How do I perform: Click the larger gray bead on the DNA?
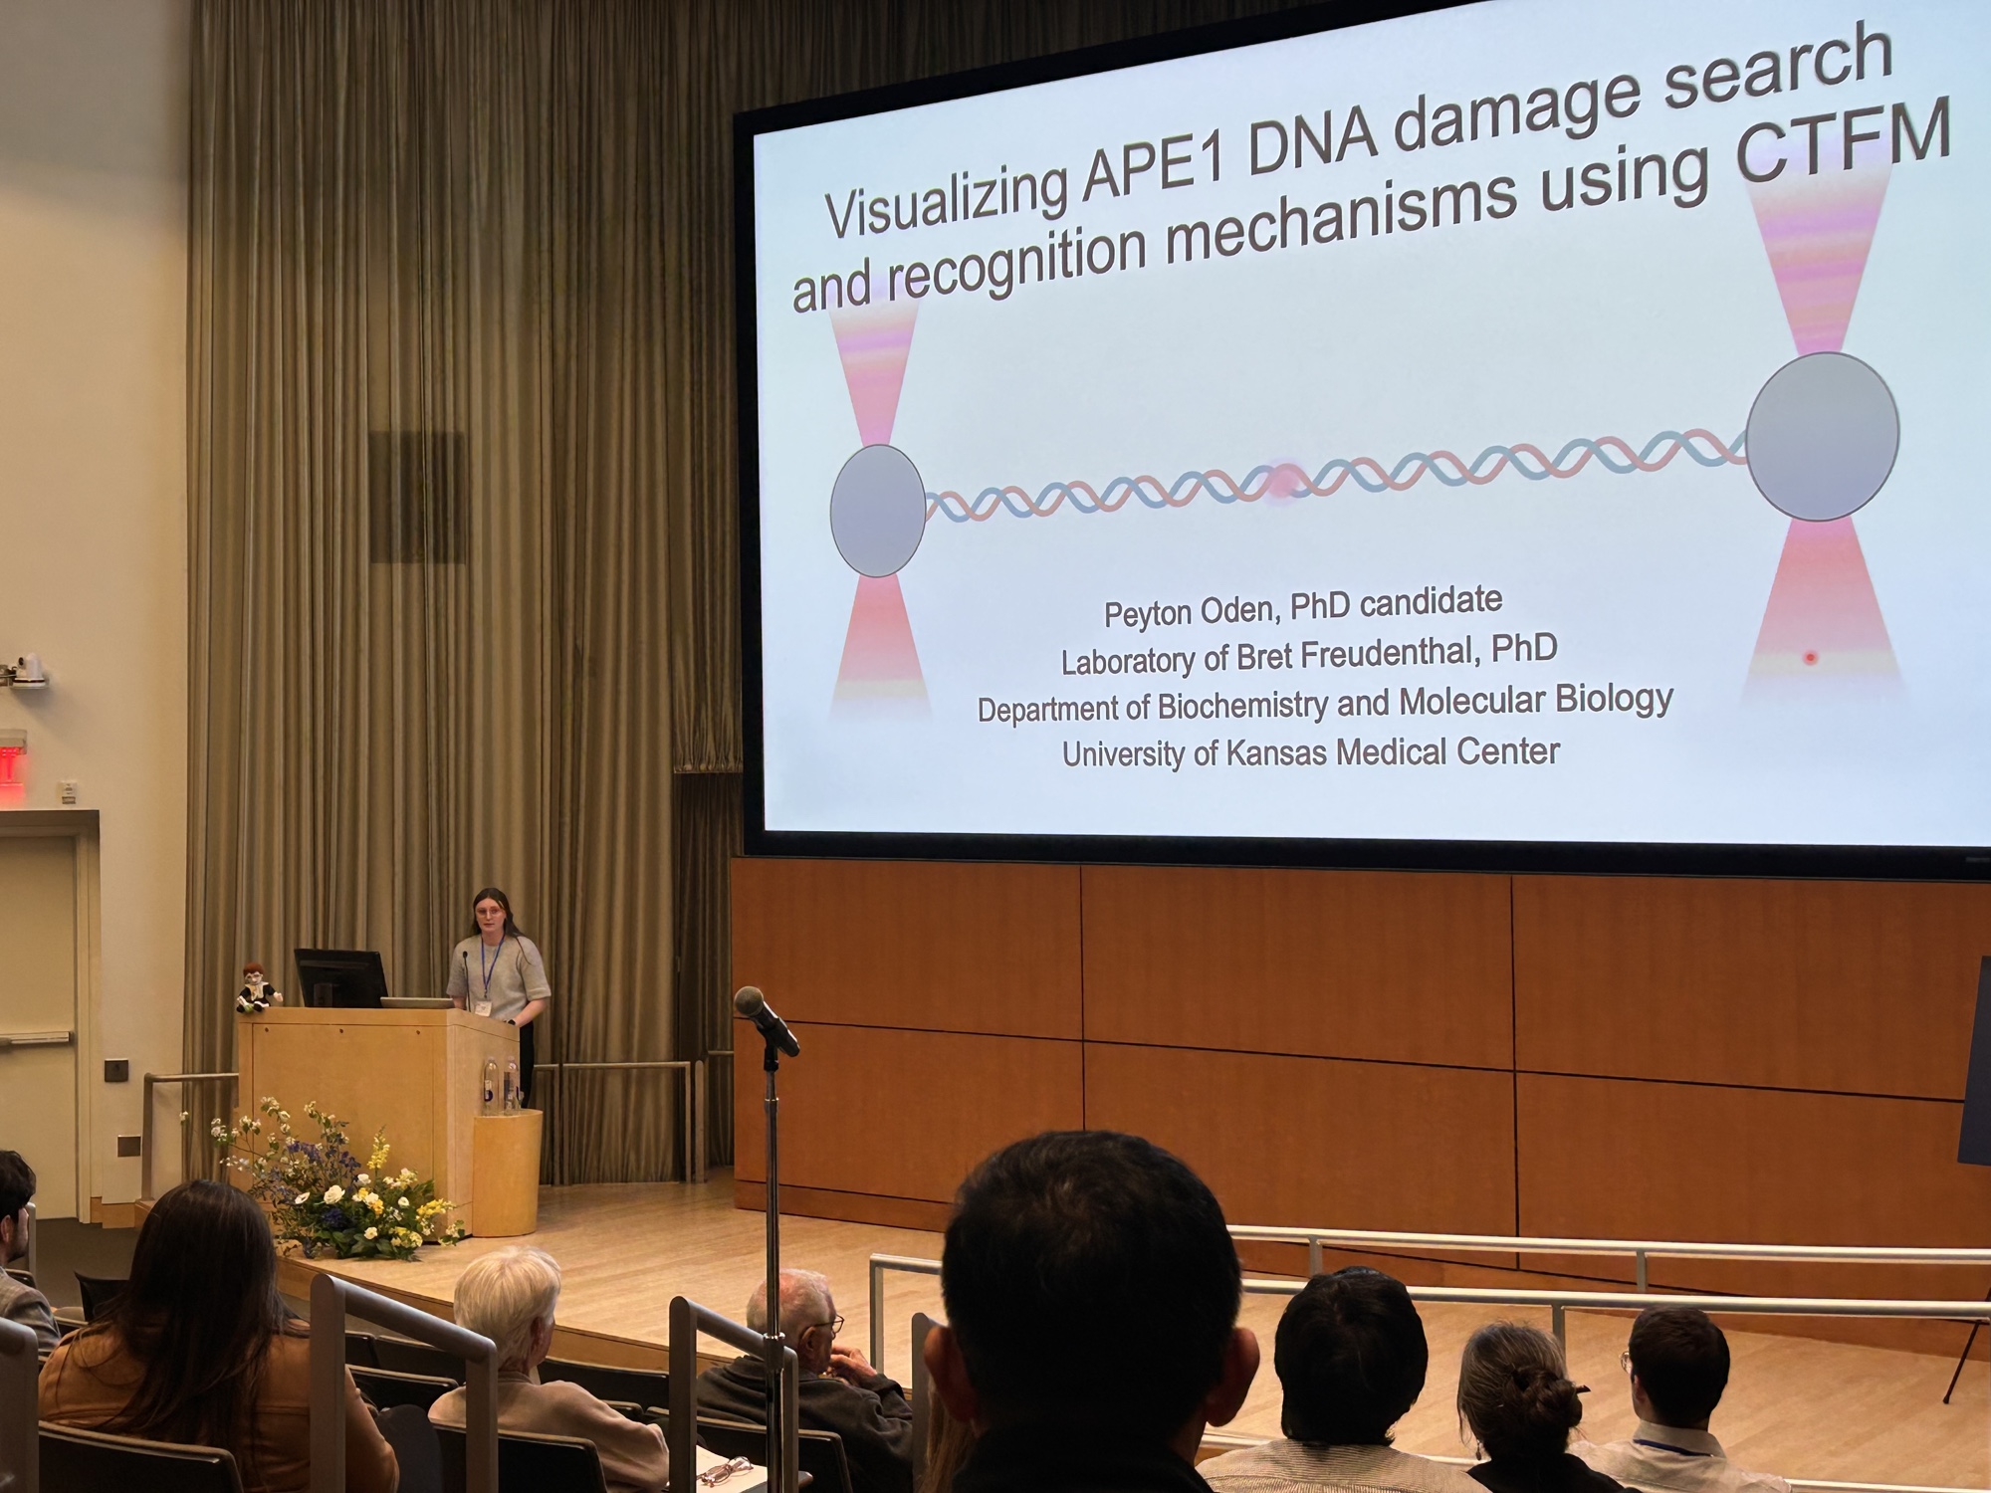pos(1823,436)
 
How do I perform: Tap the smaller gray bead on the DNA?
pos(878,511)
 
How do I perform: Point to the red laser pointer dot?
pos(1811,658)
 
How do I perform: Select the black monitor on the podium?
pos(340,977)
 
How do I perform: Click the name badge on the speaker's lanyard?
pos(484,1007)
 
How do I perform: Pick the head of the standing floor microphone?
pos(766,1019)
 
